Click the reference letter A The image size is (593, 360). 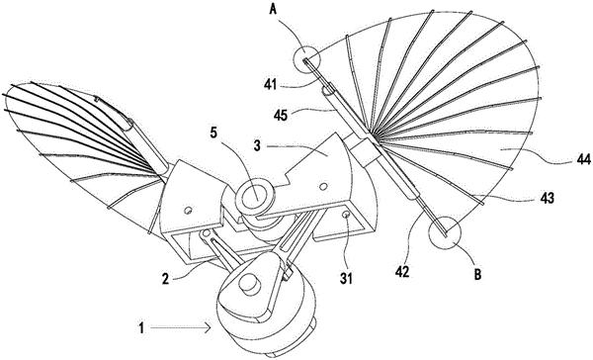[273, 9]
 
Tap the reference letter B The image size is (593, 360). [477, 274]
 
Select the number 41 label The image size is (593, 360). [271, 85]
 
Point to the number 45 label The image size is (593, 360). [281, 115]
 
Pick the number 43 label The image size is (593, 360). [547, 198]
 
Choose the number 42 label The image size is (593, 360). [402, 272]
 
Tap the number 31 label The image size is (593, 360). [346, 279]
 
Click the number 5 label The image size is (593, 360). [214, 134]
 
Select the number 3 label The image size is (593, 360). [257, 145]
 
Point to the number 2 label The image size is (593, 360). [165, 279]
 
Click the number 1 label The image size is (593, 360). [141, 327]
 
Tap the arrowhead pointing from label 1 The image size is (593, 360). [208, 327]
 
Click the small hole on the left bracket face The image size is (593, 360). [188, 210]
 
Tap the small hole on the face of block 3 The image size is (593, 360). [322, 186]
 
